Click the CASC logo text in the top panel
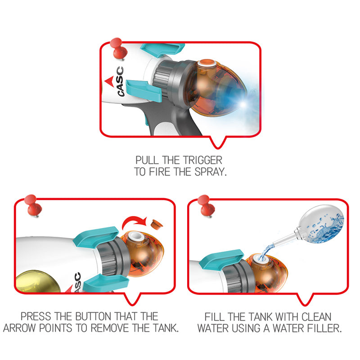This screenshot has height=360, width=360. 121,81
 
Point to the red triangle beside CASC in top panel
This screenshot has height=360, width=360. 109,81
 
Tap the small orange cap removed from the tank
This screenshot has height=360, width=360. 157,224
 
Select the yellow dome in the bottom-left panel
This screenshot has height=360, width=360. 37,282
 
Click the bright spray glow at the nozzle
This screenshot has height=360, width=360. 243,104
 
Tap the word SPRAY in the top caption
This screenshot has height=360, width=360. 211,172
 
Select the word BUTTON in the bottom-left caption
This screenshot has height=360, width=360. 93,316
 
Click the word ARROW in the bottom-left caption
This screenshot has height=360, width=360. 20,328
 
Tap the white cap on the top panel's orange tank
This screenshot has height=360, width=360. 207,63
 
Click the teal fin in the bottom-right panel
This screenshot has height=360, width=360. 221,259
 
